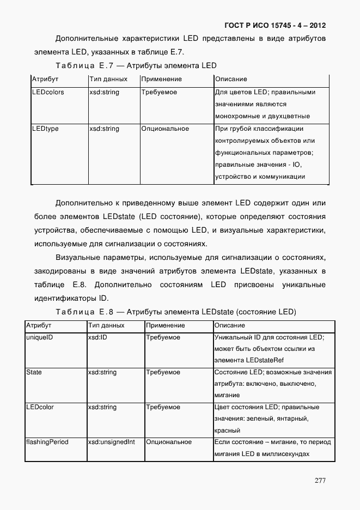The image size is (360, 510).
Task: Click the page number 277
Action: pos(320,481)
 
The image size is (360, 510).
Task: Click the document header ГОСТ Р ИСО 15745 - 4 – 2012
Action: pos(275,25)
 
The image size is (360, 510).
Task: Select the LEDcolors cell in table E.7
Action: pos(48,92)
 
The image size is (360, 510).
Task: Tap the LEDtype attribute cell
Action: pos(45,129)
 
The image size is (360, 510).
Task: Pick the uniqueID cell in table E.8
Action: pos(39,337)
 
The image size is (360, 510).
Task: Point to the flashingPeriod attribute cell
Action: pos(47,442)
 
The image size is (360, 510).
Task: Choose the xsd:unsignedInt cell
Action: pos(111,442)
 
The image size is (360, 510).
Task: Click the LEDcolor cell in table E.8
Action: pos(40,407)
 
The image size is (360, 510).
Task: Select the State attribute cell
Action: pos(34,372)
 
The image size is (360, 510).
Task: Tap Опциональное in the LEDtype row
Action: pos(165,129)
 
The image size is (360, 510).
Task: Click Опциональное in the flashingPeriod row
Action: pos(169,442)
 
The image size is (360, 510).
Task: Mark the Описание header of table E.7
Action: pos(231,79)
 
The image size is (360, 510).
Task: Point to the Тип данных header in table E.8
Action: pos(106,325)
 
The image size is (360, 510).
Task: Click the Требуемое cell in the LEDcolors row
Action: pos(159,92)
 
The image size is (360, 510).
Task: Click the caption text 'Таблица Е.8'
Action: pos(84,312)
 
